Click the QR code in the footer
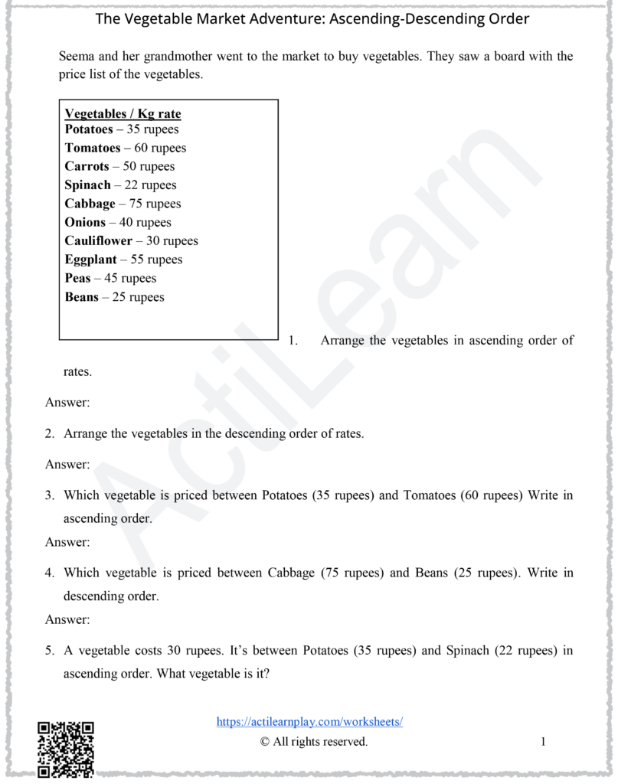point(66,748)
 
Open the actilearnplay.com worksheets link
point(309,721)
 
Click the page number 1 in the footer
point(543,741)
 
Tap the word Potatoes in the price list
point(88,129)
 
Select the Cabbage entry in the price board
point(90,204)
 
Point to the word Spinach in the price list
point(88,185)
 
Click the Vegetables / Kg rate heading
point(123,114)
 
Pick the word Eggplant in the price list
point(91,260)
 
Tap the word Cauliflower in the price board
point(98,241)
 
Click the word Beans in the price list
point(81,297)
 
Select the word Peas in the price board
point(77,279)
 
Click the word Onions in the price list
point(85,223)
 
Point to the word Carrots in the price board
point(87,167)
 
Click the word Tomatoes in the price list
point(93,149)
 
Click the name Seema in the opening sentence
point(77,57)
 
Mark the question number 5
point(49,652)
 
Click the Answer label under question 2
point(67,464)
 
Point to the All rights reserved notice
point(314,741)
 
